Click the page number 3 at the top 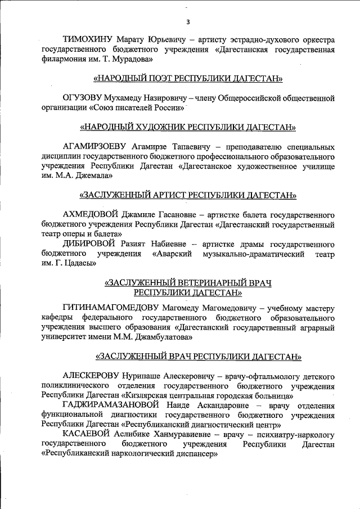point(188,22)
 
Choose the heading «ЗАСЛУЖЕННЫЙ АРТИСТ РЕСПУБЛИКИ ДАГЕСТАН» point(188,195)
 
